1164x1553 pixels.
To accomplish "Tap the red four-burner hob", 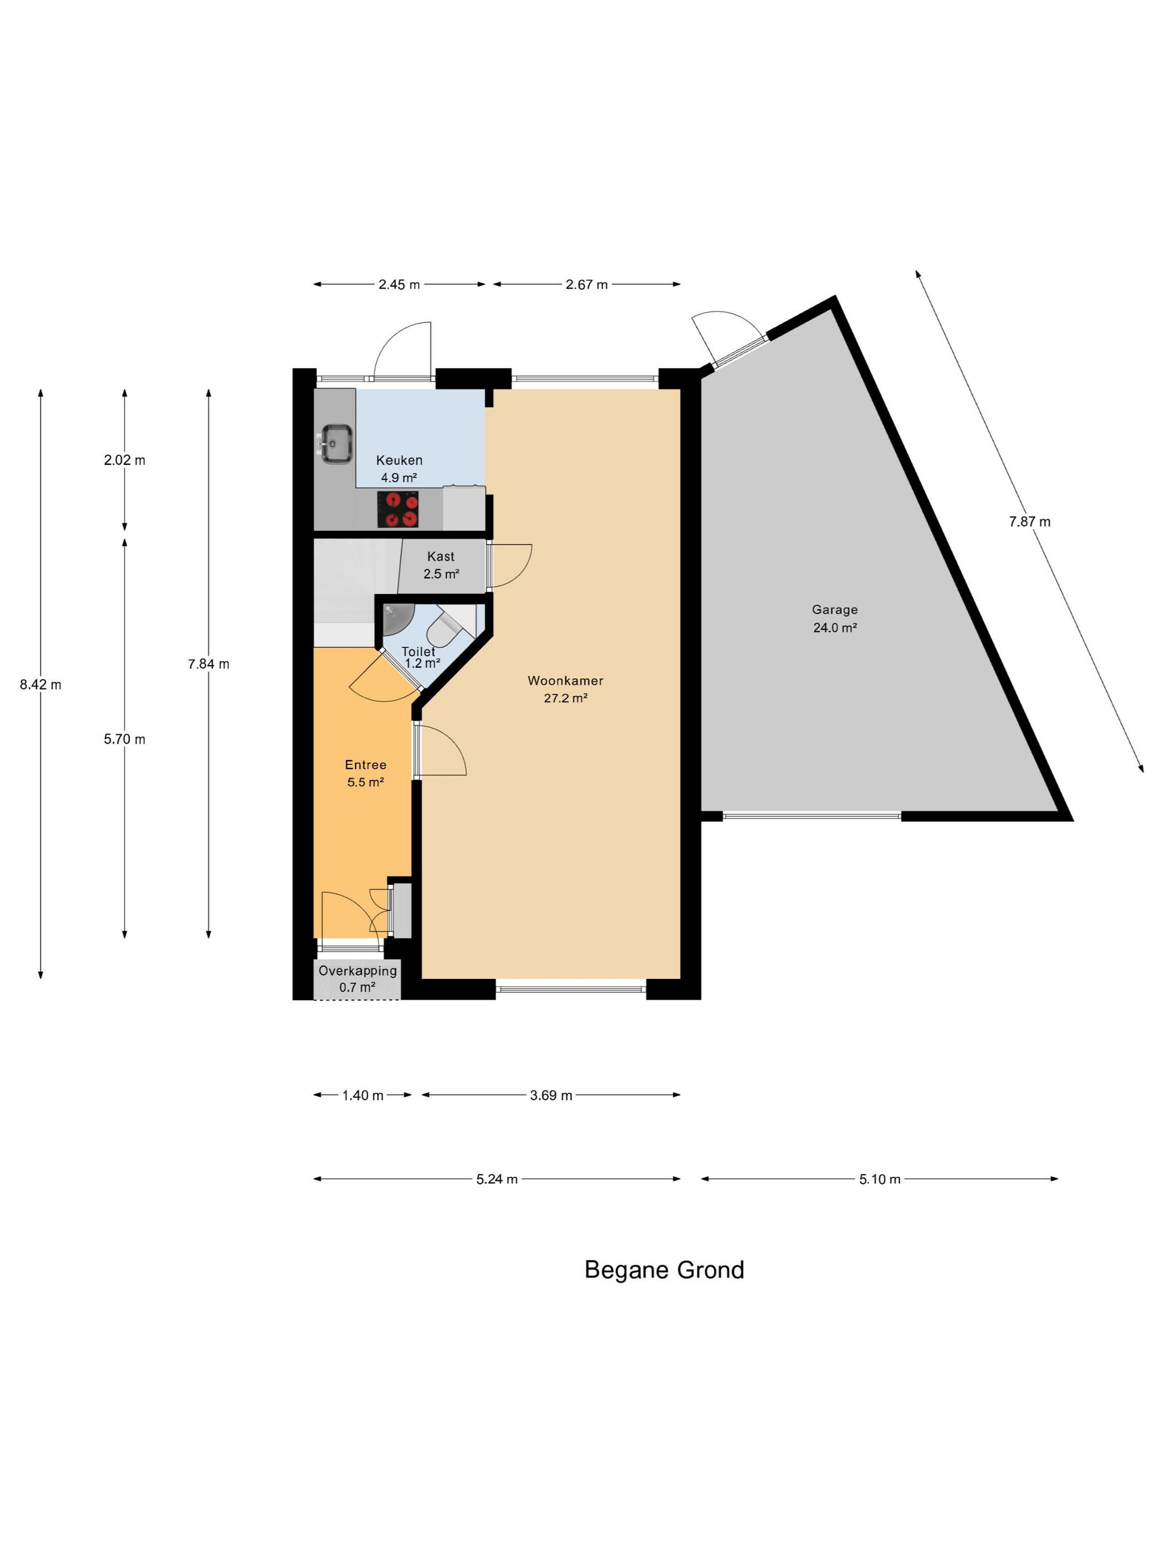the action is tap(398, 509).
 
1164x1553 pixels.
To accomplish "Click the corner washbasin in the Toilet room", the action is tap(398, 618).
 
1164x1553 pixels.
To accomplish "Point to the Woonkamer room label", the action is tap(565, 681).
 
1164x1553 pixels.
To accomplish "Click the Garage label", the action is tap(835, 610).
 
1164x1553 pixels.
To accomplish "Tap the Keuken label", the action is tap(399, 460).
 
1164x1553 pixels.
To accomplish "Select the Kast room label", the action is tap(441, 556).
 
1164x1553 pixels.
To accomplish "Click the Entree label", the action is tap(365, 764).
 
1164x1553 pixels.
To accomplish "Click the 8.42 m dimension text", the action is tap(40, 684).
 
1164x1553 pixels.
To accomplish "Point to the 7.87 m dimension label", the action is tap(1030, 522).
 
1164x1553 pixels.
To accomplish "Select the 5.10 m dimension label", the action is tap(880, 1179).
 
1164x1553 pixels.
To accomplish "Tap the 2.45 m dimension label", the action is tap(399, 285).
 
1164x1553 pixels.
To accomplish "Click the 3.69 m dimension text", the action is tap(552, 1095).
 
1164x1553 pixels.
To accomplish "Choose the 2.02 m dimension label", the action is tap(125, 460).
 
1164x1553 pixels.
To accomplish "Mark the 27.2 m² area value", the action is tap(565, 698).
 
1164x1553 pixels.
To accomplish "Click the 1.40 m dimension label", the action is tap(363, 1095).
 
